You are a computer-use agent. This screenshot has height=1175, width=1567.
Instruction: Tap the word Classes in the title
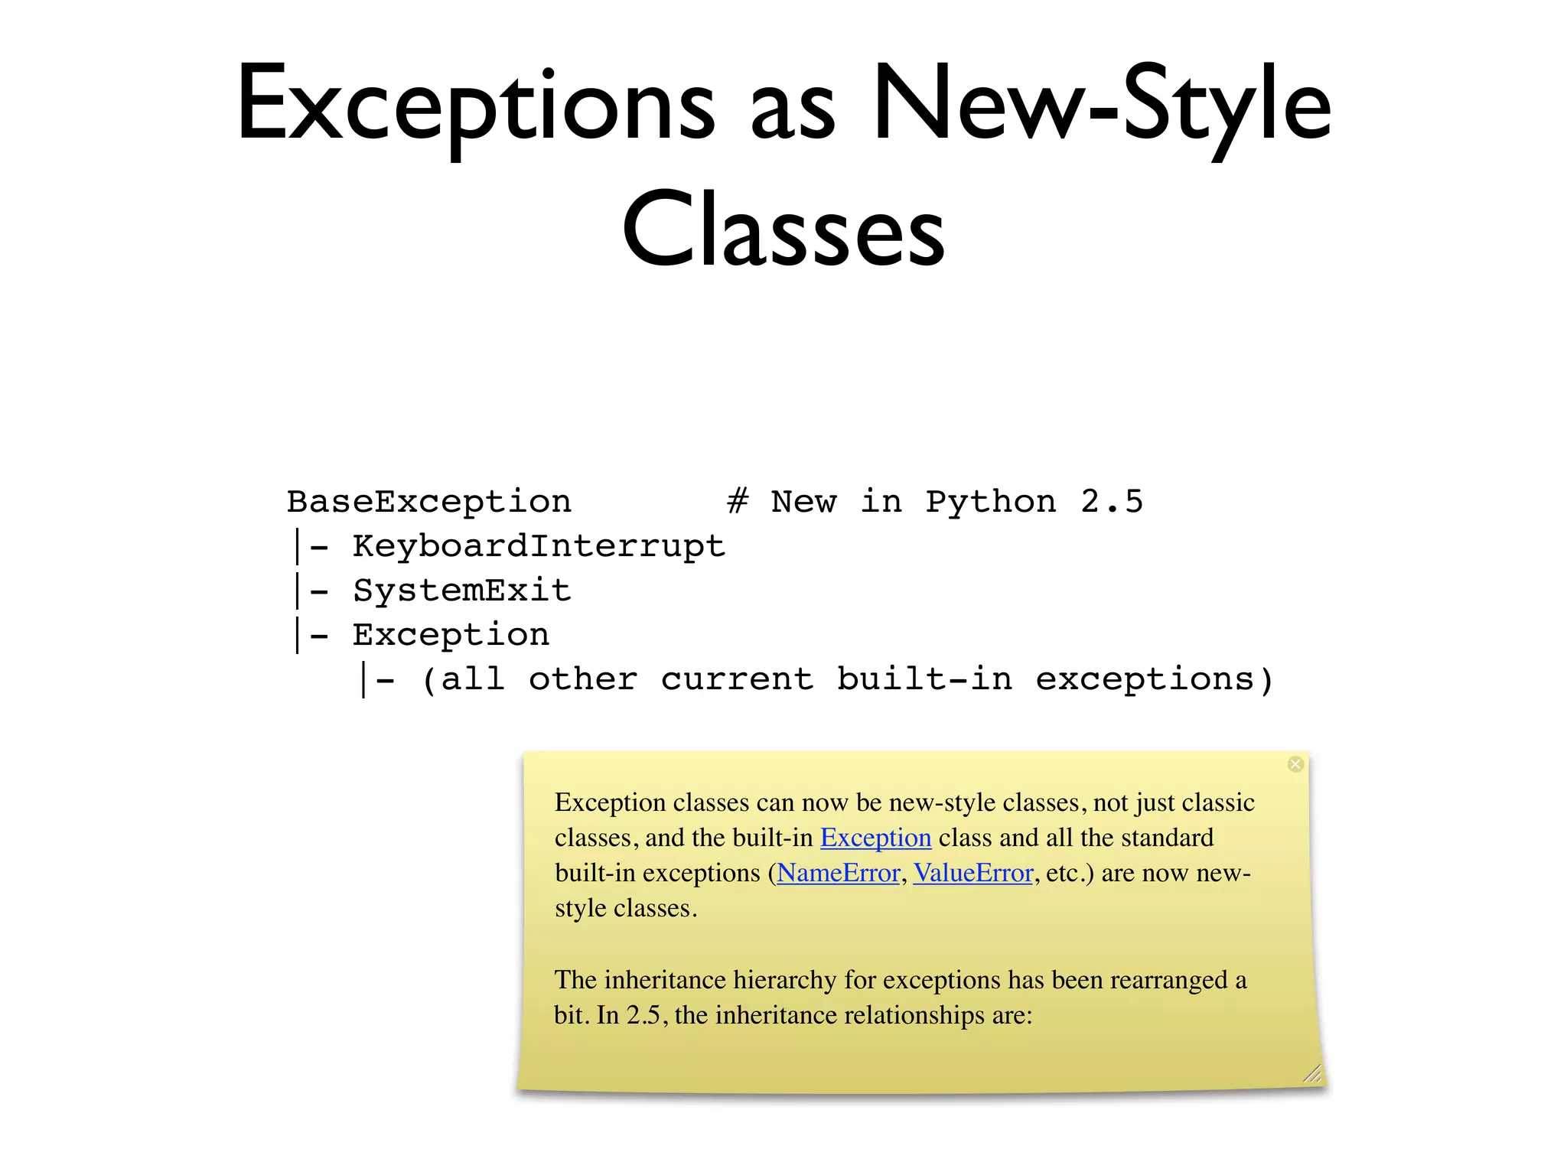pos(783,229)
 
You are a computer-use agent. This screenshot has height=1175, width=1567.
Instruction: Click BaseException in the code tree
pos(429,502)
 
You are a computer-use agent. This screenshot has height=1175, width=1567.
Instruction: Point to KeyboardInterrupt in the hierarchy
pos(539,546)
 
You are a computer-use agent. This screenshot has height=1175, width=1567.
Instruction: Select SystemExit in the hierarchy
pos(462,591)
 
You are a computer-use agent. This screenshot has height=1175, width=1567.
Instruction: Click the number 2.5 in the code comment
pos(1112,502)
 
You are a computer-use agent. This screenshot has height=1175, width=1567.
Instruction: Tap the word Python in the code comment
pos(991,502)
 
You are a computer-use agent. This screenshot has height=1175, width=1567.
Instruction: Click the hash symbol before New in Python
pos(738,502)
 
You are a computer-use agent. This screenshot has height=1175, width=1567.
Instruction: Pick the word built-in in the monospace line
pos(924,679)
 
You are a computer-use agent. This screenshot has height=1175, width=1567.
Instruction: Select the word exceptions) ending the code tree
pos(1155,679)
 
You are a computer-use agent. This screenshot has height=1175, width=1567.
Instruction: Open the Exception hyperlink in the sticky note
pos(875,838)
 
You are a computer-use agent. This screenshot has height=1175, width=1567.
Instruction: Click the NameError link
pos(839,873)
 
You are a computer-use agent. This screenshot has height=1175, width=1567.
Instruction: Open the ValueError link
pos(973,873)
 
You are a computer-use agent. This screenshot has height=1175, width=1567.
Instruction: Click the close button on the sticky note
pos(1295,764)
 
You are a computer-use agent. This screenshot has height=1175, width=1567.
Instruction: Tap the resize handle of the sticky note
pos(1312,1074)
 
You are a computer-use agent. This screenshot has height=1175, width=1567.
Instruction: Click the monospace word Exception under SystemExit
pos(451,635)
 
